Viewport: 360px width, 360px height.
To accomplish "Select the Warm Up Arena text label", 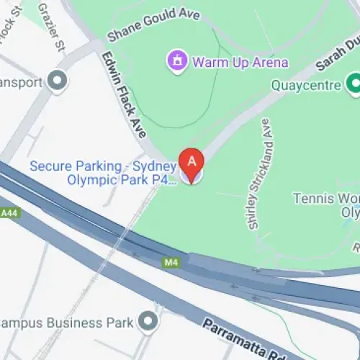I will pos(240,62).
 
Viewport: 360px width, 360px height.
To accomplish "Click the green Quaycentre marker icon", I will pos(353,84).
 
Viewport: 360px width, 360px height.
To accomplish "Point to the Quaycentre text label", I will pos(305,85).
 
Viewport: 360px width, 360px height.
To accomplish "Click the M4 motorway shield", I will pos(171,262).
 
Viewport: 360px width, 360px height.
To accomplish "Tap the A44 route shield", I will pos(9,213).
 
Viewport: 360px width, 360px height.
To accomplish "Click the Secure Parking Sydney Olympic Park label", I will pos(103,173).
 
